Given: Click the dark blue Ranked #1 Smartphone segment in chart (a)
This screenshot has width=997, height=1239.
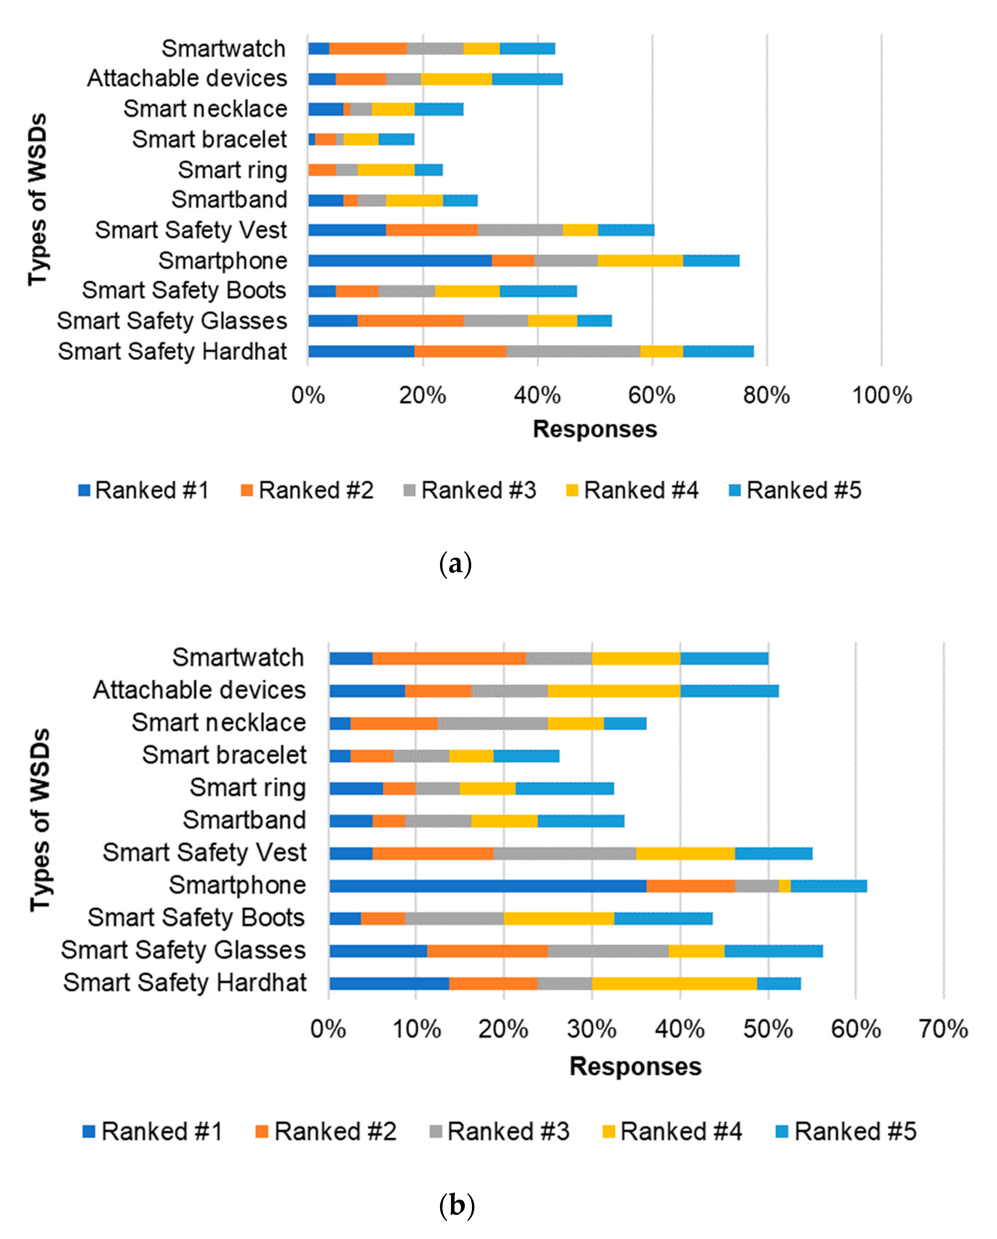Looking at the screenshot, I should click(399, 260).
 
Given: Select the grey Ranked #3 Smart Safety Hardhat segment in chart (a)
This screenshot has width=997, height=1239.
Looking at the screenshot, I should click(573, 351).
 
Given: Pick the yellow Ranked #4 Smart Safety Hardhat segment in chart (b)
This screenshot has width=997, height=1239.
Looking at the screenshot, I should click(674, 983).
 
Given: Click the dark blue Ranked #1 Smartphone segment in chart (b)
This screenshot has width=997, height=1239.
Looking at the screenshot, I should click(487, 886).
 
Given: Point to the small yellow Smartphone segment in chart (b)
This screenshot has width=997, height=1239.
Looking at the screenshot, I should click(784, 886).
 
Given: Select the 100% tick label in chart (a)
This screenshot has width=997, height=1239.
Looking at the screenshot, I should click(881, 395).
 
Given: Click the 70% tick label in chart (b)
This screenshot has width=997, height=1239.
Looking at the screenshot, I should click(943, 1029).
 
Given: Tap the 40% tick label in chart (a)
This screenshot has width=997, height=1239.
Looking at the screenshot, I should click(537, 395).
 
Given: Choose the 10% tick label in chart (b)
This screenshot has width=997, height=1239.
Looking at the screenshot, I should click(417, 1029).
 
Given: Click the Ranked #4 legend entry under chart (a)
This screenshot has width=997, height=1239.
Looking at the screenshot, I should click(633, 490).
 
